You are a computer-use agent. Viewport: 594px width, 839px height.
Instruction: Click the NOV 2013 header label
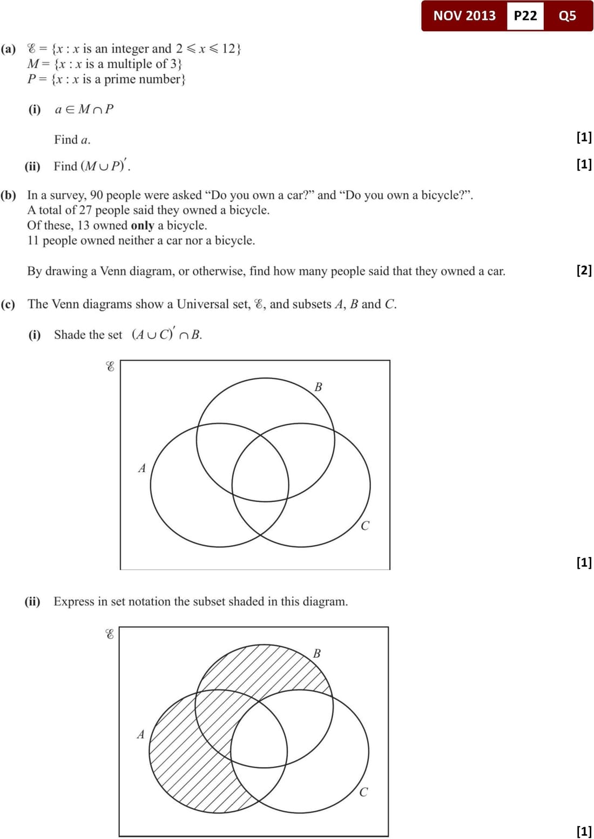pos(464,16)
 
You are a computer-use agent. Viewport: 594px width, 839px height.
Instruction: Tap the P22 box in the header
pos(525,16)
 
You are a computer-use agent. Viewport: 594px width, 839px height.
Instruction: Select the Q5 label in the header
pos(567,16)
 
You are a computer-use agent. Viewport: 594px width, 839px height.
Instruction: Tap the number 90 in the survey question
pos(97,195)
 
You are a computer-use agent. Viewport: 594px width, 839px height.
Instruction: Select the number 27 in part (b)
pos(85,210)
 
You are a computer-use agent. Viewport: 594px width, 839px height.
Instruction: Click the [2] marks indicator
pos(584,270)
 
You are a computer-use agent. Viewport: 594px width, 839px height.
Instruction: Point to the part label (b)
pos(9,195)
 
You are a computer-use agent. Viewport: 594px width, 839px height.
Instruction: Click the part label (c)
pos(9,304)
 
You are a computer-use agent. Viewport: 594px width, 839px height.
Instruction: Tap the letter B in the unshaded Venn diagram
pos(318,387)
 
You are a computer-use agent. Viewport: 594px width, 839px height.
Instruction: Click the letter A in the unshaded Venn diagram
pos(142,468)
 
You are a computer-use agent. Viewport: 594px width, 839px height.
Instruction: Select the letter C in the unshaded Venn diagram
pos(365,526)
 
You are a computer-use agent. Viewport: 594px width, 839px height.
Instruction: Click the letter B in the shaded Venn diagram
pos(317,653)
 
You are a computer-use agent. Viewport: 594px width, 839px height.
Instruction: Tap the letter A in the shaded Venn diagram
pos(141,734)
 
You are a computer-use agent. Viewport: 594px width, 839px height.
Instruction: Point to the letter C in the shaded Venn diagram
pos(363,792)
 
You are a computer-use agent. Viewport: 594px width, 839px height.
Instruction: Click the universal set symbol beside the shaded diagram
pos(109,634)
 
